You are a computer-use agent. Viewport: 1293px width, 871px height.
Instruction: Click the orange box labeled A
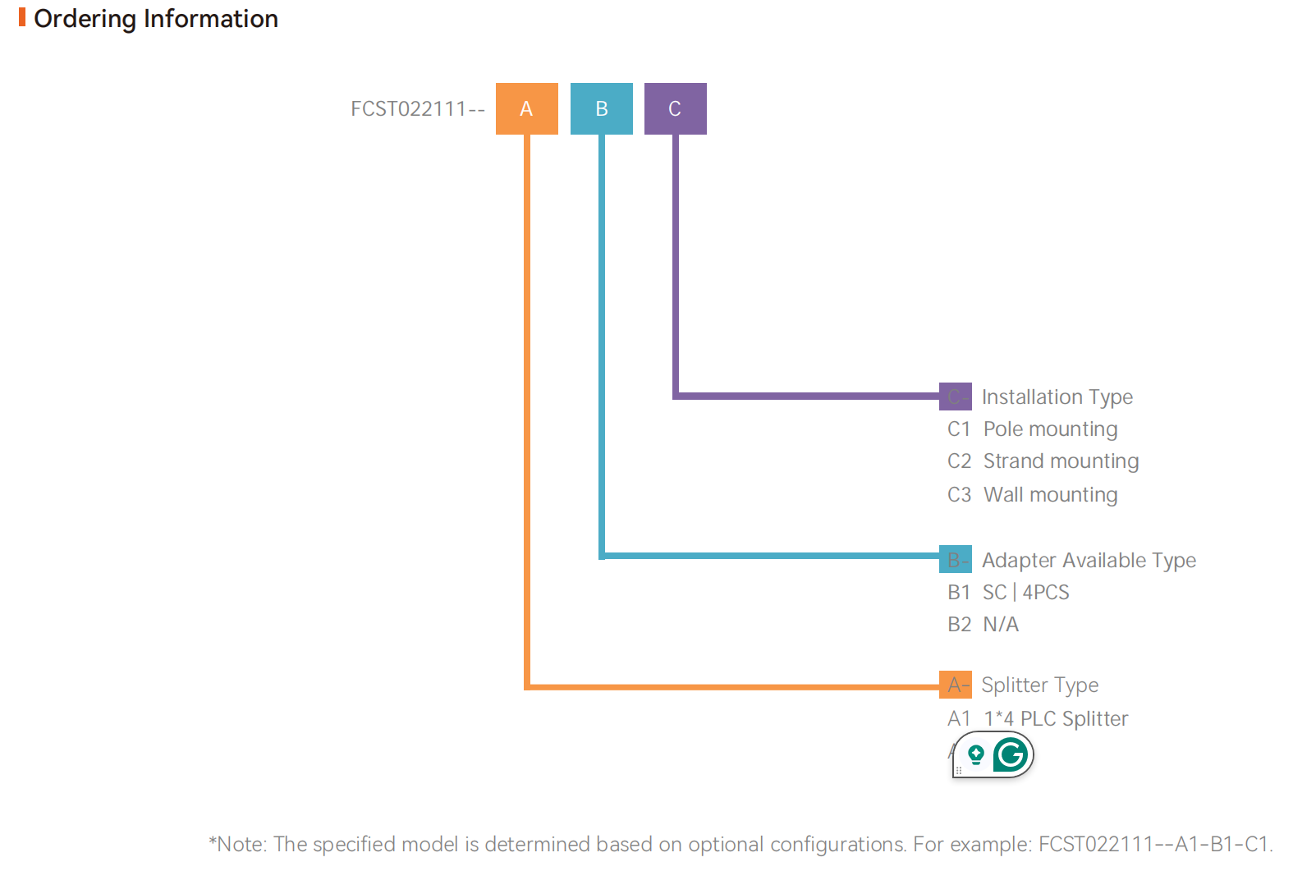[526, 108]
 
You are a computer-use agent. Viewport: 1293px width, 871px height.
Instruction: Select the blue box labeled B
[601, 108]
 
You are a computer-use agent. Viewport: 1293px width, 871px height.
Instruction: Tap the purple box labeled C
[675, 108]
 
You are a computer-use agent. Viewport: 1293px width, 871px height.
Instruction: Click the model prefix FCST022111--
[417, 109]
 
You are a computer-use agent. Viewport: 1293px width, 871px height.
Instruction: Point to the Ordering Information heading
[155, 19]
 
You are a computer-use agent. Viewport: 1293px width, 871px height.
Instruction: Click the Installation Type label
[1057, 397]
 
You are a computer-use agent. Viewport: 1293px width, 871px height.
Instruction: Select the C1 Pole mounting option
[1032, 429]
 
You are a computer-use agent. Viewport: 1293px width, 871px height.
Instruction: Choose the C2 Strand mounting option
[1043, 461]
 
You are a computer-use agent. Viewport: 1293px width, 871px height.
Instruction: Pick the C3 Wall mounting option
[1032, 495]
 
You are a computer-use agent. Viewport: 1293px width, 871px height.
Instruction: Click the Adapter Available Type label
[1089, 561]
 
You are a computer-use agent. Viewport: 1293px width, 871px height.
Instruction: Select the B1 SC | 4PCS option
[1008, 593]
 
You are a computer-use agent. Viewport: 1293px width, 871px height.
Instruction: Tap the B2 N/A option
[983, 625]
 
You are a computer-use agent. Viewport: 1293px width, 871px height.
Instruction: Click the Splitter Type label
[1039, 685]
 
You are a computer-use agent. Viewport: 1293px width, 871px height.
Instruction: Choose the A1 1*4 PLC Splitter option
[1038, 719]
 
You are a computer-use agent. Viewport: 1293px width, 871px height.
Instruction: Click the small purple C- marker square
[955, 397]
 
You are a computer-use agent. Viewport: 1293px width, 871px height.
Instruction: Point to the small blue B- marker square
[955, 559]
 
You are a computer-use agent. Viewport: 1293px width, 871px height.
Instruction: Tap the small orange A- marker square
[955, 685]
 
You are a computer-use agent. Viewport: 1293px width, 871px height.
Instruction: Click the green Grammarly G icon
[1011, 754]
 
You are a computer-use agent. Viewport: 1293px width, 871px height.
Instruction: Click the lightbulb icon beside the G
[975, 754]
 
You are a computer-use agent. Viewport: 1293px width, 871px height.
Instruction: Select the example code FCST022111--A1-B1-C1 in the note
[1154, 844]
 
